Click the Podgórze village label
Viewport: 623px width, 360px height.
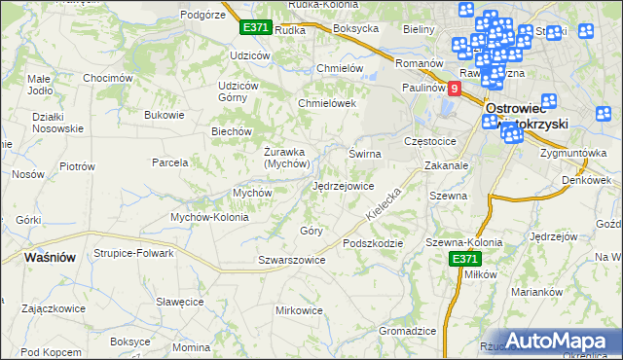pyautogui.click(x=202, y=14)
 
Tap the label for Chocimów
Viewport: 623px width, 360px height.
pyautogui.click(x=107, y=78)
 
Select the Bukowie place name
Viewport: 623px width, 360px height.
pyautogui.click(x=164, y=115)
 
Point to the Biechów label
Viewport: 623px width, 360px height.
pyautogui.click(x=233, y=131)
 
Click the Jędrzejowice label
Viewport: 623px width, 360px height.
pyautogui.click(x=344, y=186)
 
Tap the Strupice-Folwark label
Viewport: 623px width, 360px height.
pyautogui.click(x=133, y=253)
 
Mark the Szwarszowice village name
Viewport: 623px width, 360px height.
pyautogui.click(x=291, y=260)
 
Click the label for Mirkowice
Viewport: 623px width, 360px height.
pyautogui.click(x=299, y=310)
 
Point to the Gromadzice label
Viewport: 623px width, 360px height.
pyautogui.click(x=407, y=331)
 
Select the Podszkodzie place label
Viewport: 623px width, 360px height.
pyautogui.click(x=372, y=242)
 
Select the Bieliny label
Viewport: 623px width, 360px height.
pyautogui.click(x=419, y=29)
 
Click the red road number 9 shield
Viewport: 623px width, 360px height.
pyautogui.click(x=454, y=88)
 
